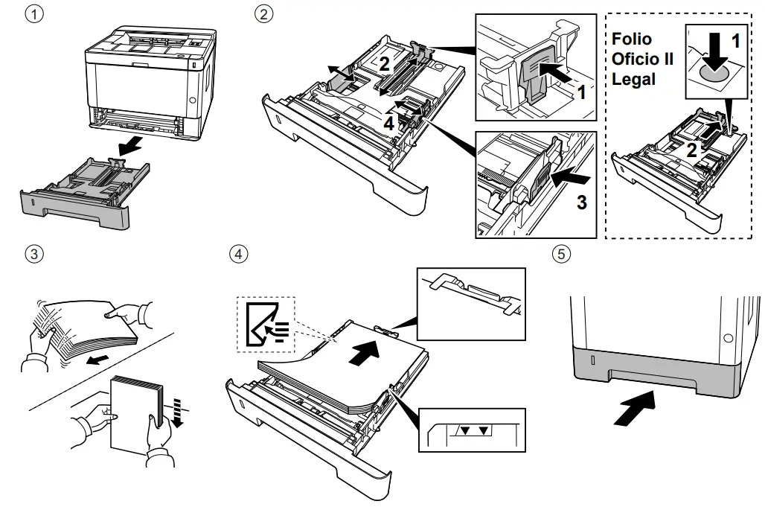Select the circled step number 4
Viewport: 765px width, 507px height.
(237, 254)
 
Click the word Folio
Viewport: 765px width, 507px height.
(631, 39)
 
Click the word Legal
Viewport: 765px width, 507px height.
(634, 78)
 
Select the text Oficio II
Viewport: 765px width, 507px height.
(642, 59)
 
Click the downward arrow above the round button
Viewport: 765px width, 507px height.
(714, 50)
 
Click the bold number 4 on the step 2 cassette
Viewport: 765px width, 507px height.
(388, 124)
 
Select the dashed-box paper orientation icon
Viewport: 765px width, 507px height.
(265, 325)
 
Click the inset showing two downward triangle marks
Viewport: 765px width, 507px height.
(472, 430)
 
